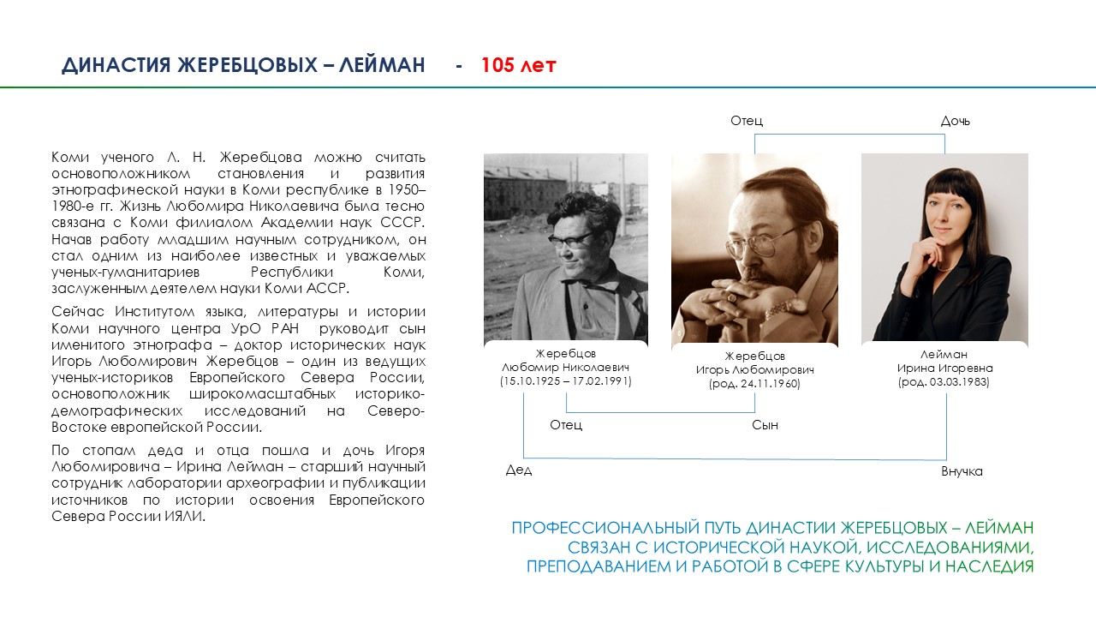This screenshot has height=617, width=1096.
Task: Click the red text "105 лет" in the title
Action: coord(518,65)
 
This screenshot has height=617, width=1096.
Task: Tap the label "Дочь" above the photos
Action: coord(955,121)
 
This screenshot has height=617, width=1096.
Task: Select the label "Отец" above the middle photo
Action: coord(747,121)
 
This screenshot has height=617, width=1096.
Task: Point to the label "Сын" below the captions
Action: coord(765,425)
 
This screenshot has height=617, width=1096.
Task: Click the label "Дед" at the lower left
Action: coord(519,470)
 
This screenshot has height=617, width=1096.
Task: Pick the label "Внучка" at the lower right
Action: coord(962,471)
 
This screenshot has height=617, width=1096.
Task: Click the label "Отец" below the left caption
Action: coord(566,425)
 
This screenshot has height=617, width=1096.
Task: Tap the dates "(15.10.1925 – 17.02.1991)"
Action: coord(566,381)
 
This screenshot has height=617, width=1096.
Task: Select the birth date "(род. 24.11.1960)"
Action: coord(754,384)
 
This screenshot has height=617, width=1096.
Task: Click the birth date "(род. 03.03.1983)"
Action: coord(944,382)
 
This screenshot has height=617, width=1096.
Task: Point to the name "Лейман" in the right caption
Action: coord(944,354)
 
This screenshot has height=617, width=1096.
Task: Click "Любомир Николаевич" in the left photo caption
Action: coord(566,368)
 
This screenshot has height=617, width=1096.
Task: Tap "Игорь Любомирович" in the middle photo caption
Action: coord(754,370)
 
